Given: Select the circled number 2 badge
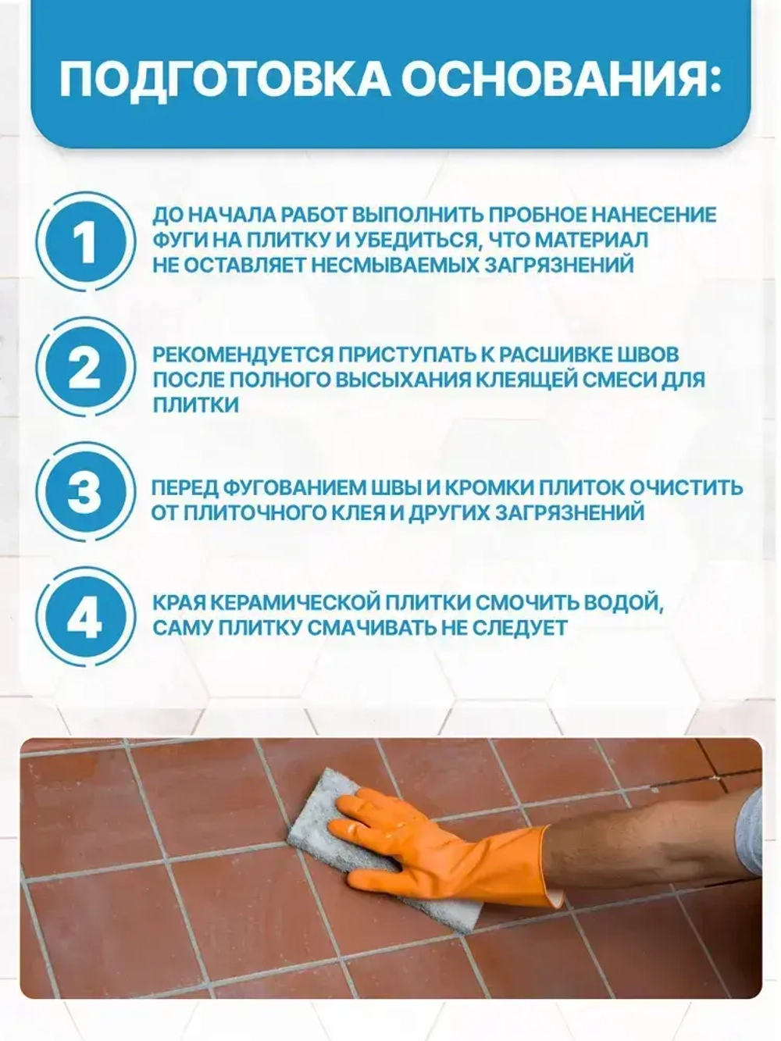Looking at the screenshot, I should pos(84,367).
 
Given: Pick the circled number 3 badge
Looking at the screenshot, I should pos(84,494).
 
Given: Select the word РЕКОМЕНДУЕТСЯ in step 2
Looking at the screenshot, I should pos(243,355).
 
